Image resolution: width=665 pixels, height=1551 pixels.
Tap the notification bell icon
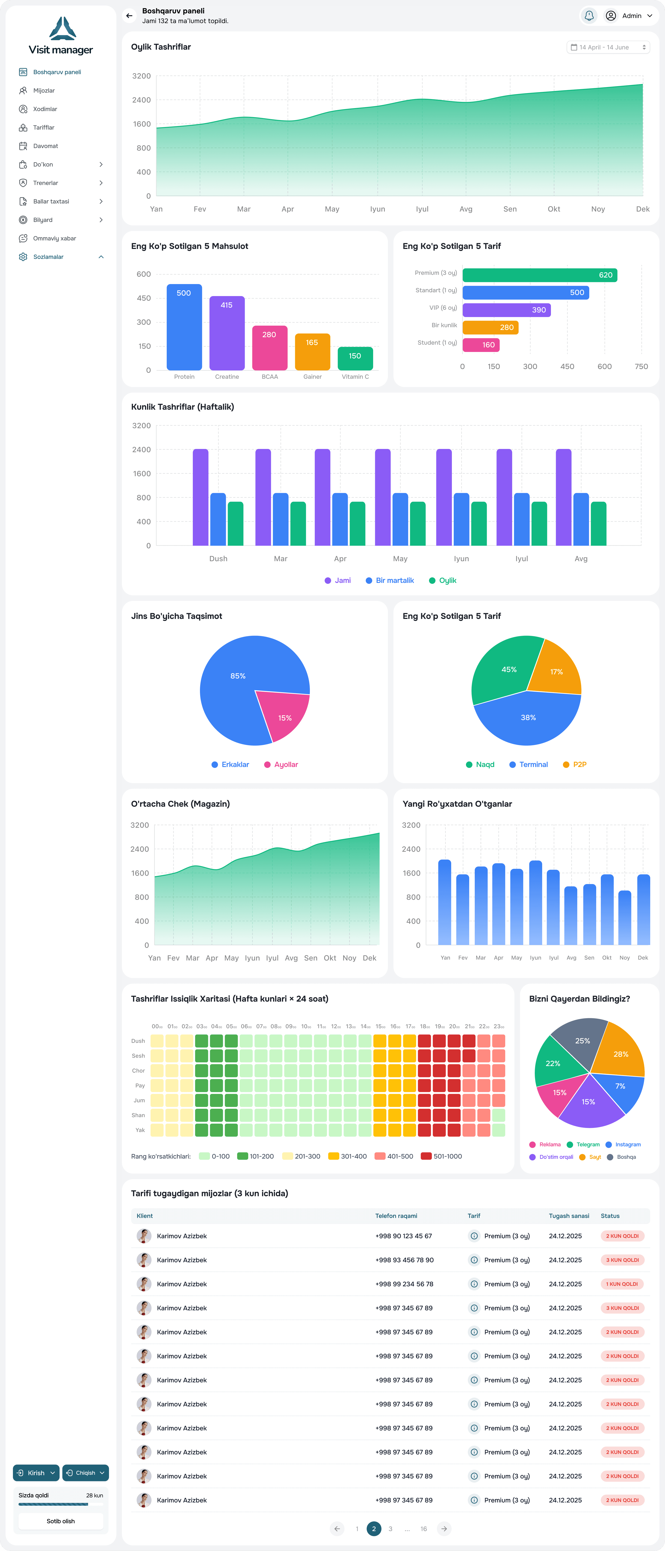[589, 16]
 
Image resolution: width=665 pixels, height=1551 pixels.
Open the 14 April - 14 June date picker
[608, 47]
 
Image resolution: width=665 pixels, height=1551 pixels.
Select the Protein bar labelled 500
[184, 327]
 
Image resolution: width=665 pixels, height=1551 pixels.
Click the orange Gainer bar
[312, 352]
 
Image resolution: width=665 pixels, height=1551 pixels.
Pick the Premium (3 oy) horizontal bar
[540, 275]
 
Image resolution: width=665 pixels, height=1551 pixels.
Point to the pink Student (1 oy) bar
[481, 345]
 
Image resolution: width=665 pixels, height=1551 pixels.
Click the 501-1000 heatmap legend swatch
[426, 1156]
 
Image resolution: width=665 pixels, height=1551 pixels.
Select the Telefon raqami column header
[396, 1216]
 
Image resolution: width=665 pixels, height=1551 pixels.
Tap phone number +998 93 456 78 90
[404, 1260]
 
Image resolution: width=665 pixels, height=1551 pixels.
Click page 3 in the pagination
[391, 1529]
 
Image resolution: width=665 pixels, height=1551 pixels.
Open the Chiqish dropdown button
[85, 1473]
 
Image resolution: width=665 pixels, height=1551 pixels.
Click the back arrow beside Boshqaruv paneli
[129, 16]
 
